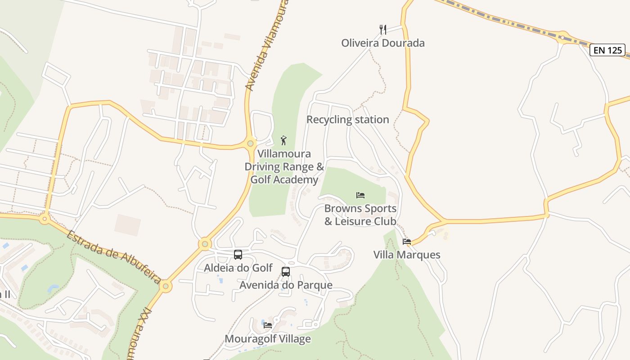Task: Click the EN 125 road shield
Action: [608, 50]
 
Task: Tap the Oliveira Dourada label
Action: [383, 43]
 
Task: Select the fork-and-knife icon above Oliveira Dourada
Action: [383, 30]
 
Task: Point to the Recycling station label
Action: [347, 120]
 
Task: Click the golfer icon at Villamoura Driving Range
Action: [283, 140]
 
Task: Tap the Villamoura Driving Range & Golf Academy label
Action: [284, 167]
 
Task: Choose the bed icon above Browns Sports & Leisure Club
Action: [360, 195]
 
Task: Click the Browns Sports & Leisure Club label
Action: [360, 215]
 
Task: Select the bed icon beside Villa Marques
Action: [407, 242]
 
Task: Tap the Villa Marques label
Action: [407, 255]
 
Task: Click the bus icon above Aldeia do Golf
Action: [238, 255]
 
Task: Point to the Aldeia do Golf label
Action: [238, 268]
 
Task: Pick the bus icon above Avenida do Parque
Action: [286, 272]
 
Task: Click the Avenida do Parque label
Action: [286, 285]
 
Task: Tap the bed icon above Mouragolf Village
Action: [268, 325]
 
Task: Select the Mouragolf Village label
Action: [268, 338]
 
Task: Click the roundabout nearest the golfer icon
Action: [251, 144]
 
